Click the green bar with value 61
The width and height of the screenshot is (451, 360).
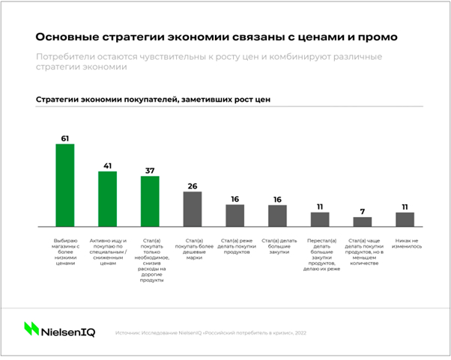point(65,185)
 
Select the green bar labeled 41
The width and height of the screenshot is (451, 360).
point(108,198)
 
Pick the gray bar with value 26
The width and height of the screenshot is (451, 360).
point(193,209)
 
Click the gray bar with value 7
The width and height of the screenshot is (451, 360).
point(363,222)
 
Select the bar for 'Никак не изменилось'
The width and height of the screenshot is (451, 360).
point(405,219)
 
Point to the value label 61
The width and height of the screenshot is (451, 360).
point(65,138)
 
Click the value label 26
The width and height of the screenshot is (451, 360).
point(193,186)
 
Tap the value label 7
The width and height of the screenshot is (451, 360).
point(363,212)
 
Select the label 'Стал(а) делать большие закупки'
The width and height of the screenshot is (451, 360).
point(278,245)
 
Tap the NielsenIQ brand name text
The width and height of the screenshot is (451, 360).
point(70,329)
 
